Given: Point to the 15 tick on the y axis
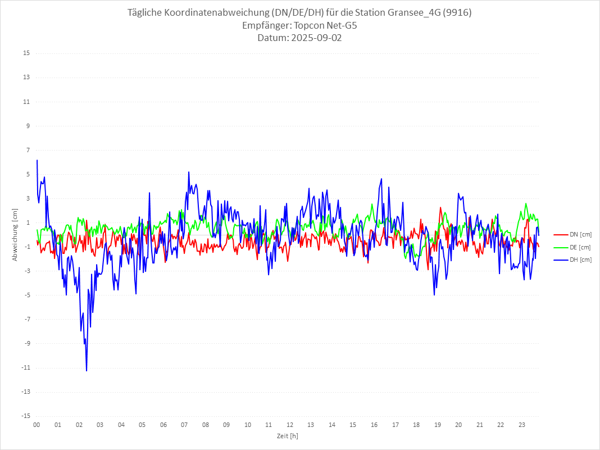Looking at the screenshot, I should [x=26, y=53].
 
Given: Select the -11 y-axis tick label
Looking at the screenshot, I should [x=25, y=368].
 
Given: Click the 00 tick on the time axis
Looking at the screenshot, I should [x=37, y=425].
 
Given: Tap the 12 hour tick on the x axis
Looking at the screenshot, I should [x=290, y=425].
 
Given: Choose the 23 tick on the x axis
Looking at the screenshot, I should [x=522, y=425].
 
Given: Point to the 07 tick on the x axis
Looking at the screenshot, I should [x=184, y=425].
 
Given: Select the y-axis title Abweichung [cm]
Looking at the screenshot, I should [x=15, y=234].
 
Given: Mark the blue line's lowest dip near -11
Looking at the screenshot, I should [x=87, y=370].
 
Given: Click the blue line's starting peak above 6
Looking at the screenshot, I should [x=37, y=161].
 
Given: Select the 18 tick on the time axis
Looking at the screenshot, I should [x=416, y=425].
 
